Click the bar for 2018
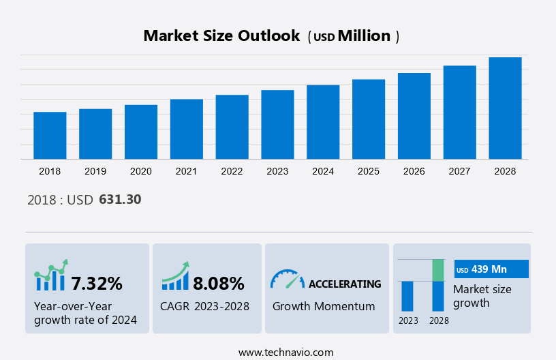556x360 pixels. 50,135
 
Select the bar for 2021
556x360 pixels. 187,129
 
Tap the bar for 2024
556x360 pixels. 323,122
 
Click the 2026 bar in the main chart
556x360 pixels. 414,116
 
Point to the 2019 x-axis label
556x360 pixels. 95,172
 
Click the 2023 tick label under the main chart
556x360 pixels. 277,172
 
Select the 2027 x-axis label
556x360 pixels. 459,172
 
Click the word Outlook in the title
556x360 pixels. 266,36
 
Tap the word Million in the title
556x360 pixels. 365,36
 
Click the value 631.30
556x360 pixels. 120,200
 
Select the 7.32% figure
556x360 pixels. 97,283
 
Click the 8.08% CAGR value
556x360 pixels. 219,283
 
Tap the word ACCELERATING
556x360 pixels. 345,284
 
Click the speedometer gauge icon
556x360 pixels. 287,279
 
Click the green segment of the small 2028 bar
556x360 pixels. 438,270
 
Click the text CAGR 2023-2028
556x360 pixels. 204,306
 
